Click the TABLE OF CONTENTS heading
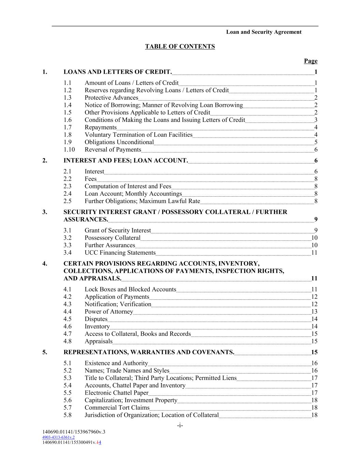pos(180,46)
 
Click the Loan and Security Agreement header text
pos(263,32)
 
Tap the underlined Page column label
pos(311,61)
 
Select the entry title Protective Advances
pos(111,98)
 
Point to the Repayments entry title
pos(101,127)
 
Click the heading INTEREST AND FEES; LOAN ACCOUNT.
pos(126,160)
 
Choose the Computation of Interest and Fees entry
pos(128,186)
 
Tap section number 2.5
pos(68,201)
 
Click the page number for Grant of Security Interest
pos(316,230)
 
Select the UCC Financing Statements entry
pos(120,253)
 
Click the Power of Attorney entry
pos(109,311)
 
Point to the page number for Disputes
pos(314,319)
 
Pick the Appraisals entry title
pos(99,341)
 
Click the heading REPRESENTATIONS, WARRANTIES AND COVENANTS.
pos(149,352)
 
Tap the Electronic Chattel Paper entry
pos(116,393)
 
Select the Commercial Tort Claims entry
pos(117,407)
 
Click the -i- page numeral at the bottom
pos(180,425)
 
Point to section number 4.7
pos(68,334)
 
